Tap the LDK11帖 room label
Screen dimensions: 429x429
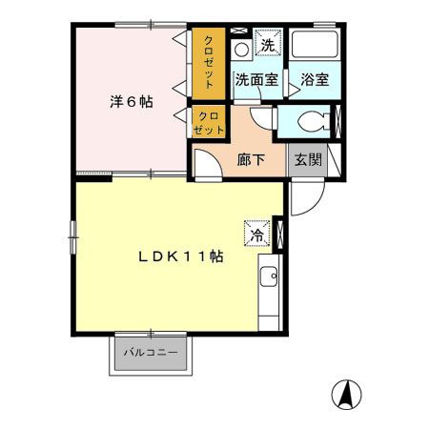pos(177,258)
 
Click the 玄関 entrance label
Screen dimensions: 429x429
pos(305,160)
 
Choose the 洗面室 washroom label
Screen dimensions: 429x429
pos(256,80)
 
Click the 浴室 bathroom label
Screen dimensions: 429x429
pos(315,80)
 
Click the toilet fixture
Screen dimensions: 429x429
pos(307,120)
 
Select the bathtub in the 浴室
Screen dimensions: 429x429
pos(316,48)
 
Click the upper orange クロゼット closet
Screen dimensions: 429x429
pos(209,62)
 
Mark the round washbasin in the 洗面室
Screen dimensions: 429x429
pos(242,48)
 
